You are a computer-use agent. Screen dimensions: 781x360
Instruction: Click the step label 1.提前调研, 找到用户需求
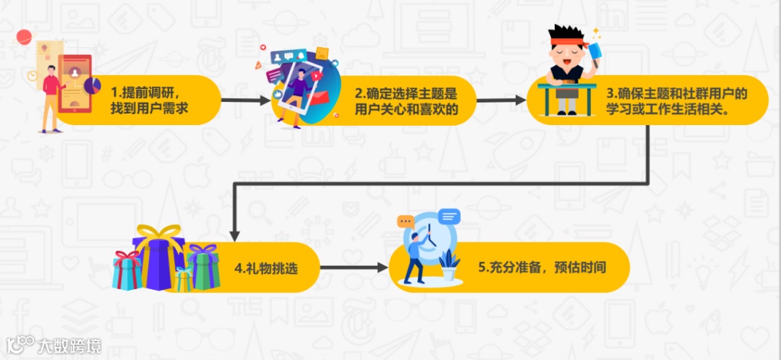150,100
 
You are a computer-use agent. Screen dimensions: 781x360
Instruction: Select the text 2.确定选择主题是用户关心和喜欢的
406,101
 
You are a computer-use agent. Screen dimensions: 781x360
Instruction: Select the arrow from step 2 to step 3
502,101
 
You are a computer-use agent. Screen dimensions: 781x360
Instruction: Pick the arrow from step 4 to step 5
354,267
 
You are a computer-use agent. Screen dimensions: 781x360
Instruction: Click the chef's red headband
565,40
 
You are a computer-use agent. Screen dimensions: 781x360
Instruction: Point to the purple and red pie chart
92,85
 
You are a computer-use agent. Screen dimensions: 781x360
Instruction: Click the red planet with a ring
25,37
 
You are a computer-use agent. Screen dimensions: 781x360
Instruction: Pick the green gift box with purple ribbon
203,266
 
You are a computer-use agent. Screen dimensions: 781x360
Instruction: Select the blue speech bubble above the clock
449,215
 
